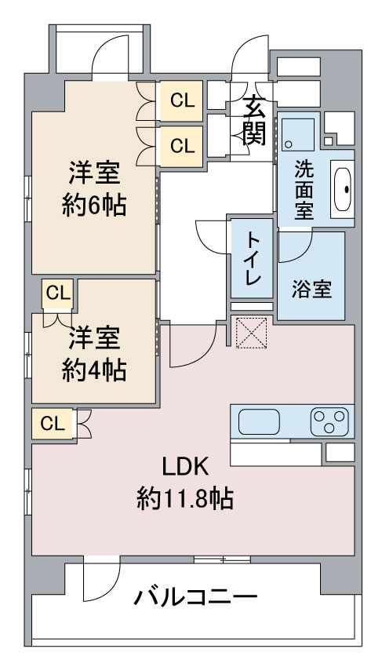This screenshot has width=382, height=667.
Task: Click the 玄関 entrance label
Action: (255, 120)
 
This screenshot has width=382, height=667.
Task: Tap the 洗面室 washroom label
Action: (304, 189)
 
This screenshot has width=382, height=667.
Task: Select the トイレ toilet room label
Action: (253, 260)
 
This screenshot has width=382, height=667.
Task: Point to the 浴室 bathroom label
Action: (311, 290)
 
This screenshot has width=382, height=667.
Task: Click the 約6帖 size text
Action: (94, 206)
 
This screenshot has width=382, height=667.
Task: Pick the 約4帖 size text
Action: (94, 370)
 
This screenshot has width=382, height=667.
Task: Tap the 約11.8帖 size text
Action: (185, 498)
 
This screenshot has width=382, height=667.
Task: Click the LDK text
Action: (185, 467)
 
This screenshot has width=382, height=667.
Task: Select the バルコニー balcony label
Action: (195, 597)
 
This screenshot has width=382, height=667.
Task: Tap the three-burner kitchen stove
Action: (329, 421)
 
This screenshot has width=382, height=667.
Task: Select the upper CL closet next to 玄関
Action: (181, 100)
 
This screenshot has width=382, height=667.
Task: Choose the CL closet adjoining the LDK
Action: (53, 424)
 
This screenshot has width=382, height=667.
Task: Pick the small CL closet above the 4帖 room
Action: (58, 293)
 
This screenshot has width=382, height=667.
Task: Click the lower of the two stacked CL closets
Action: (181, 146)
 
